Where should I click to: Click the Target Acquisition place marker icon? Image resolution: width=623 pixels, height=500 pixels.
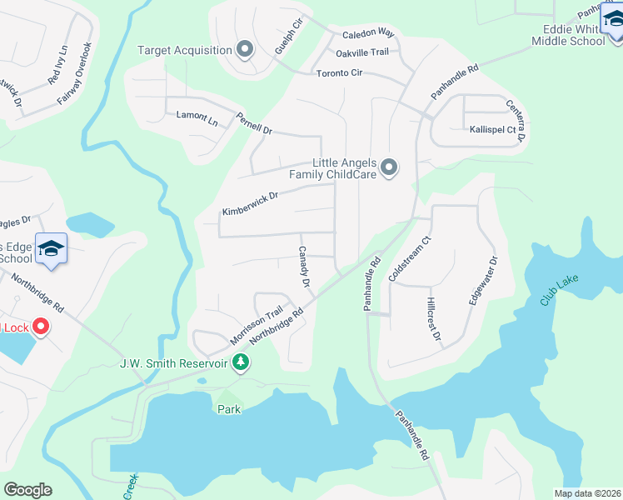point(245,50)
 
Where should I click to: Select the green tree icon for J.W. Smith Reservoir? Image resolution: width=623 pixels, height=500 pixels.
point(241,362)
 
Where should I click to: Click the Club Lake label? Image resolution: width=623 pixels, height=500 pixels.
point(557,288)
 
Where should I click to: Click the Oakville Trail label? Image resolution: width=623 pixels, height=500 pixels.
point(362,52)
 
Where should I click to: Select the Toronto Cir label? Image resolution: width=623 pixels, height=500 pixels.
point(339,73)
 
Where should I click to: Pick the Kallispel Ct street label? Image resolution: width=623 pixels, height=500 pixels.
point(493,130)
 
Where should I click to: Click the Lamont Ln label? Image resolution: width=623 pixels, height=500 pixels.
point(197,117)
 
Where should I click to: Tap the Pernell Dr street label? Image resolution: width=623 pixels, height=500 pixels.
point(254,123)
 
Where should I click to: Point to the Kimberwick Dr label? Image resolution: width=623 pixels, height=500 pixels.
point(249,200)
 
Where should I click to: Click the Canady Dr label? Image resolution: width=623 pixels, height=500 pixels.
point(304,267)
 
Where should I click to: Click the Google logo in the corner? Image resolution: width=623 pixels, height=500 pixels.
point(27,490)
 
